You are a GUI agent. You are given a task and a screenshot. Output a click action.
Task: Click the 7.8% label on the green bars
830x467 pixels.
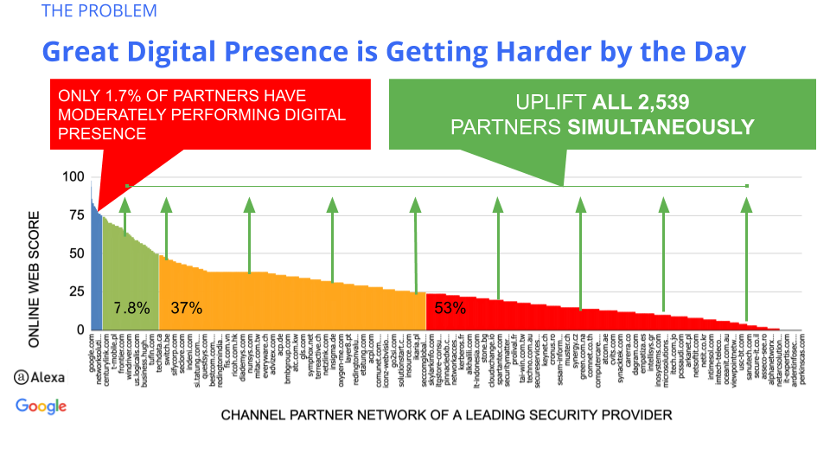click(131, 308)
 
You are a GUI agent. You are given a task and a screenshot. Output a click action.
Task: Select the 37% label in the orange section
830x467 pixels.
click(186, 308)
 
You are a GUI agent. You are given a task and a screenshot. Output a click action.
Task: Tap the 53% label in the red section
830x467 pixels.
click(450, 308)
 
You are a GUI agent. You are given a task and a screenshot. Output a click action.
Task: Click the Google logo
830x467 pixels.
click(41, 406)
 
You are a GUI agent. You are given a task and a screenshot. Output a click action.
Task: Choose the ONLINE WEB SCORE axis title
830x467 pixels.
click(35, 278)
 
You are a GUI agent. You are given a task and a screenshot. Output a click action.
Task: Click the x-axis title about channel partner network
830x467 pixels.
click(446, 415)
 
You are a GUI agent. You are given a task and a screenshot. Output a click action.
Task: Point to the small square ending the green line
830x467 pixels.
click(747, 186)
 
